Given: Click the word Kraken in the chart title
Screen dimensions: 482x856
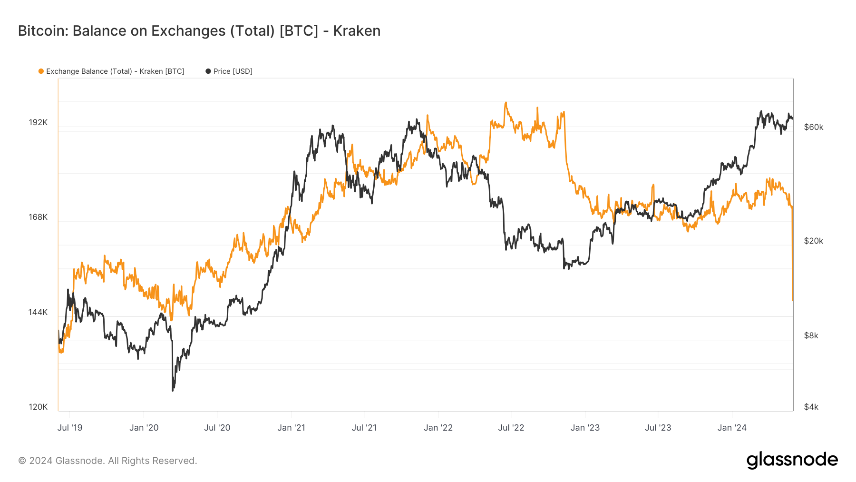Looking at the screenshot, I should point(357,31).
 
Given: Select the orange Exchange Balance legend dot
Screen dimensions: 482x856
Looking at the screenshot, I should point(41,71).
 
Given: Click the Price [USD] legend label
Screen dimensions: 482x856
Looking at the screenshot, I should point(233,71).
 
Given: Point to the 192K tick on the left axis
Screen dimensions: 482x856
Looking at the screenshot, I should point(38,122).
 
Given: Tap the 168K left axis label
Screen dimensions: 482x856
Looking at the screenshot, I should point(38,217).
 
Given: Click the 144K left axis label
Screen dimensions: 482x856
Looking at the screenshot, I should point(38,312).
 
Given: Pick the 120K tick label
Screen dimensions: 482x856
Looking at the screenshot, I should point(38,407).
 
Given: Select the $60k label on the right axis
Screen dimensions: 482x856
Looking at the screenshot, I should point(813,127).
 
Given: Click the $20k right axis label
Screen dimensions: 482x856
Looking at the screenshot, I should point(813,241).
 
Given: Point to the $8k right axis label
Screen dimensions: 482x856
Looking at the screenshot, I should point(811,335).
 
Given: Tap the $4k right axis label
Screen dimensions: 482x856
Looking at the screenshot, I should point(811,407).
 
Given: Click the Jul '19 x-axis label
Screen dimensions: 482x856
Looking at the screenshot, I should point(70,428).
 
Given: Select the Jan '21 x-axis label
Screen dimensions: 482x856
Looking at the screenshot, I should point(291,428).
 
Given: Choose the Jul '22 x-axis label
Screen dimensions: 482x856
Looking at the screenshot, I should point(511,428).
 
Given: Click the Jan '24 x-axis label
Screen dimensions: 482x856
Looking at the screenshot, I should point(732,428).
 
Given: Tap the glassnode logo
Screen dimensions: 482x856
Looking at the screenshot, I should point(792,460).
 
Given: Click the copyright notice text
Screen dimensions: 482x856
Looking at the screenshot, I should point(107,461).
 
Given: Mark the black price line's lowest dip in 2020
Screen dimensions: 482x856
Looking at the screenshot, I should point(173,390).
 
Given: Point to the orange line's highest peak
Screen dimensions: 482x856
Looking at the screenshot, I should point(506,102).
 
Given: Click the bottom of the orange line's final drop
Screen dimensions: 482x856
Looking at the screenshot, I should point(793,300).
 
